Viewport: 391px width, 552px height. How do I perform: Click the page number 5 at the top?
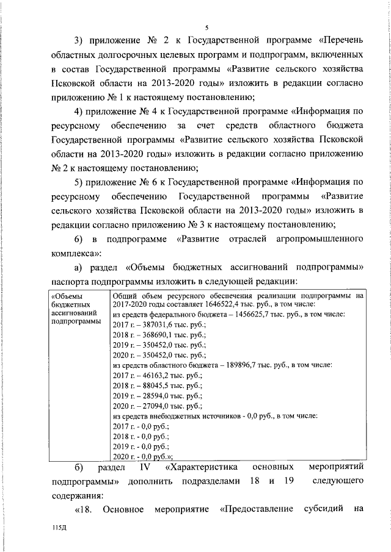click(207, 27)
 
